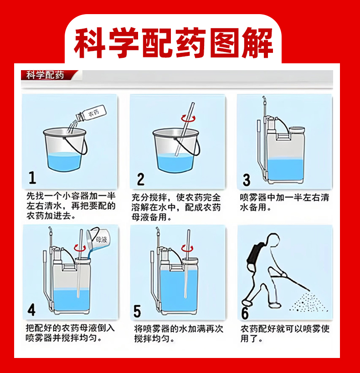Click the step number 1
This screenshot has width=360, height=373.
[x=32, y=178]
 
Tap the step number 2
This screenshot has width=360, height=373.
[x=140, y=179]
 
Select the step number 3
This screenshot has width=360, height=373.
[x=247, y=180]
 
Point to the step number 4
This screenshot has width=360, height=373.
[x=31, y=310]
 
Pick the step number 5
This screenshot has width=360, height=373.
[x=137, y=311]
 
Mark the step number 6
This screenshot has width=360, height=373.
[x=245, y=313]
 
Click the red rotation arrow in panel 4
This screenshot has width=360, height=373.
[x=80, y=248]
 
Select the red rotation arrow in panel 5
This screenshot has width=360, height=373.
[x=187, y=248]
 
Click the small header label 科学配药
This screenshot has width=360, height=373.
[x=45, y=75]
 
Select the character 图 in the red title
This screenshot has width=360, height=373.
[x=226, y=43]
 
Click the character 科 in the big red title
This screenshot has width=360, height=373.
[x=89, y=43]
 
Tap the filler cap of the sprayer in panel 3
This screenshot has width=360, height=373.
[x=297, y=130]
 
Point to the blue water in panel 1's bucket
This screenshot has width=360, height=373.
[x=64, y=161]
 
